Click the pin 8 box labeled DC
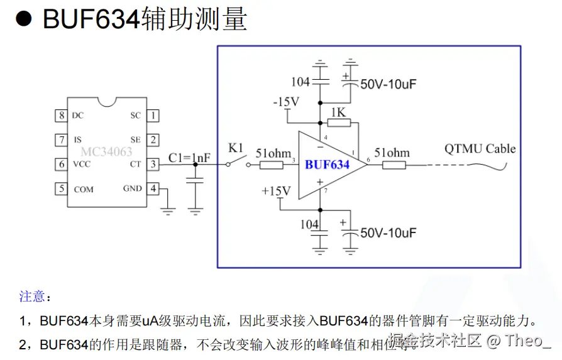pyautogui.click(x=61, y=116)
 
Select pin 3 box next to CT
pyautogui.click(x=153, y=165)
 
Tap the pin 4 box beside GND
pyautogui.click(x=153, y=188)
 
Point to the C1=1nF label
pyautogui.click(x=190, y=158)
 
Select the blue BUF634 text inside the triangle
pyautogui.click(x=327, y=165)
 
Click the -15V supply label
pyautogui.click(x=285, y=102)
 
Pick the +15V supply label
pyautogui.click(x=276, y=190)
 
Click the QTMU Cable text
pyautogui.click(x=480, y=149)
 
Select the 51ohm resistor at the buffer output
pyautogui.click(x=394, y=165)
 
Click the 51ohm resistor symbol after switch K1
pyautogui.click(x=272, y=165)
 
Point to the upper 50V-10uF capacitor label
pyautogui.click(x=388, y=84)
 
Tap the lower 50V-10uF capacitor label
pyautogui.click(x=388, y=233)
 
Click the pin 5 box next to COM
pyautogui.click(x=61, y=188)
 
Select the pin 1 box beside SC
pyautogui.click(x=153, y=116)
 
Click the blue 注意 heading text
pyautogui.click(x=32, y=296)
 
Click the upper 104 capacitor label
pyautogui.click(x=300, y=82)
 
